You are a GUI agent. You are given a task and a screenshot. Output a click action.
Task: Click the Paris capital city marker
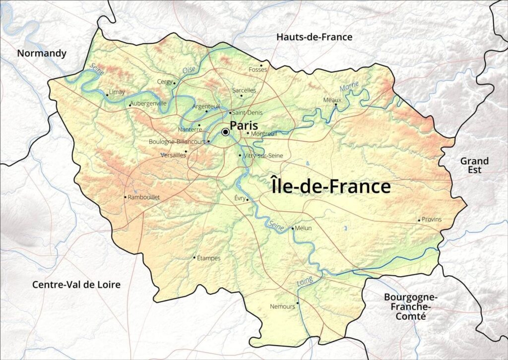pos(226,132)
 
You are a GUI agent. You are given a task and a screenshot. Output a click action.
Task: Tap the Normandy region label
pos(42,53)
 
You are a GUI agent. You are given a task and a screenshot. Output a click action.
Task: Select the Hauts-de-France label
pos(314,37)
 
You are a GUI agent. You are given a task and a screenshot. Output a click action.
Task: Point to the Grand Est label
pos(474,165)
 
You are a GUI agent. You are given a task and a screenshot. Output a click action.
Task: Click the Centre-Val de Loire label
pos(76,285)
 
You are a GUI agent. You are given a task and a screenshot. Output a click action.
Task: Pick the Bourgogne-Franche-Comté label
pos(410,306)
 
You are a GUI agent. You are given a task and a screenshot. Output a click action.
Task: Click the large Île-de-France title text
pos(331,186)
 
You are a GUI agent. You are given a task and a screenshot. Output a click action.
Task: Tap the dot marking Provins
pos(419,220)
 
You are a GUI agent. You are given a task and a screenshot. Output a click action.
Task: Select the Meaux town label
pos(332,100)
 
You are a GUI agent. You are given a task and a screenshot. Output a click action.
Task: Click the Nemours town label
pos(282,306)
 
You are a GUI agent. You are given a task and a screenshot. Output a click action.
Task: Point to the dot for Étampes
pos(194,257)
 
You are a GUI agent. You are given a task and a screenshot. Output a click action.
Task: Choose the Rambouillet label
pos(144,197)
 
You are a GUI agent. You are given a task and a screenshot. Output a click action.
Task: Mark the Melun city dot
pos(293,228)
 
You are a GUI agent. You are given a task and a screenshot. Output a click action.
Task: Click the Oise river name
pos(189,70)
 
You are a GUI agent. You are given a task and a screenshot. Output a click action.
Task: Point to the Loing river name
pos(305,282)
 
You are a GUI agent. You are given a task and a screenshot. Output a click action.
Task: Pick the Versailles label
pos(173,155)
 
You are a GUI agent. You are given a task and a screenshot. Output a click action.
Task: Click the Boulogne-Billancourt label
pos(178,141)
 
